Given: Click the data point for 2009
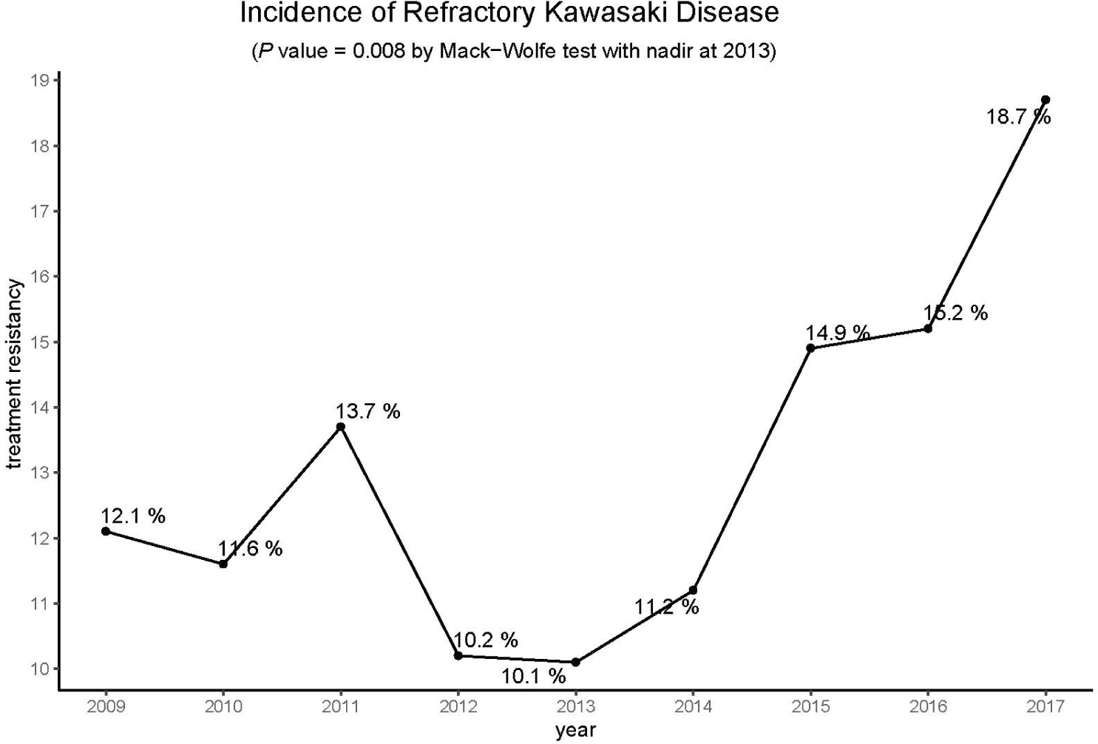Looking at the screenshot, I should (x=106, y=531).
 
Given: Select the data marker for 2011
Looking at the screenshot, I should (x=341, y=427).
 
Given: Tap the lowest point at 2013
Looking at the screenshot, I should (x=576, y=662).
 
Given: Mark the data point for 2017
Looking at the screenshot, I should (x=1046, y=100).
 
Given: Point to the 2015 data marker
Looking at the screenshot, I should (x=810, y=348).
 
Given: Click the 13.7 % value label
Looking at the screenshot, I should (x=367, y=411).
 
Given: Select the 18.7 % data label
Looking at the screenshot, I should (x=1018, y=117).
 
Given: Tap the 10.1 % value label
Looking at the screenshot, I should (x=533, y=676).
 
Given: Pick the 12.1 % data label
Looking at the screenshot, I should (x=133, y=515).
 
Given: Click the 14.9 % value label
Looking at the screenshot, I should (x=838, y=333).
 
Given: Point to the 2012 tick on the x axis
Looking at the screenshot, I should (x=458, y=706).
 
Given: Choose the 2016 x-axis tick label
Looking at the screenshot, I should (x=928, y=706).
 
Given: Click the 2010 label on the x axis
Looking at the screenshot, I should (x=223, y=706).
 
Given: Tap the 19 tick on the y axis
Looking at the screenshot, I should (x=40, y=81).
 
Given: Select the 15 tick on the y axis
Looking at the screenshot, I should (x=40, y=342).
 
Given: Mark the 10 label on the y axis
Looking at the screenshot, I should (x=40, y=669).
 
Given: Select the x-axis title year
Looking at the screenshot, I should (x=575, y=731).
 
